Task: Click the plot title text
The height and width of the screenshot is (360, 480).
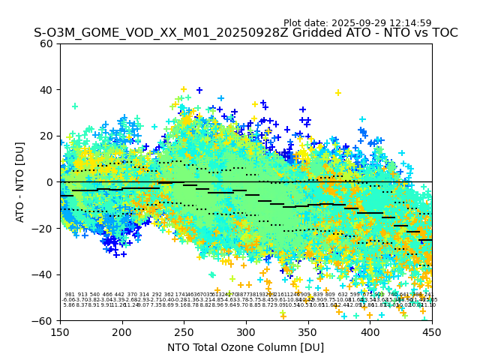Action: tap(245, 33)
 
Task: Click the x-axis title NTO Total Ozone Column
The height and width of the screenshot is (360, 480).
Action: tap(245, 347)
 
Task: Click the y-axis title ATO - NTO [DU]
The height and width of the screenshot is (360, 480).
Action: tap(20, 181)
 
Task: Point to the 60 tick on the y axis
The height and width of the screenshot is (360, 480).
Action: tap(46, 43)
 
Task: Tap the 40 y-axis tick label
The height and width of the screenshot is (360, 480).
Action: tap(46, 90)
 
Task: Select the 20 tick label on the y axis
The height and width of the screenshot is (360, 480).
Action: tap(46, 136)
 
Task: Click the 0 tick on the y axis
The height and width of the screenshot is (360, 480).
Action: tap(49, 182)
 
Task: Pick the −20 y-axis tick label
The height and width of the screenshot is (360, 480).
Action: tap(43, 228)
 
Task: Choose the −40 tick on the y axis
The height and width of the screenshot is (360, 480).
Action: tap(43, 274)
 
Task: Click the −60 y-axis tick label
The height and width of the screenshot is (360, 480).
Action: tap(43, 320)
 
